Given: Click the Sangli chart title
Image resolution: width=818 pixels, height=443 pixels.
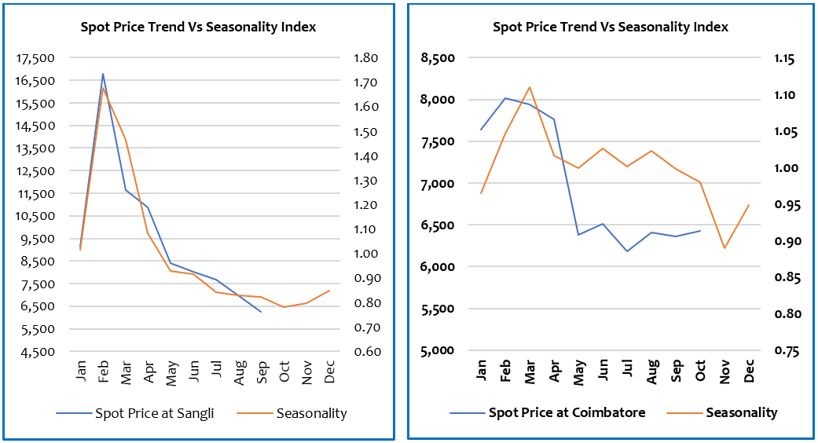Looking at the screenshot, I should [198, 27].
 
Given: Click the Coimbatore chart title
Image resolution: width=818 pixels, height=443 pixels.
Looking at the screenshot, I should [610, 27].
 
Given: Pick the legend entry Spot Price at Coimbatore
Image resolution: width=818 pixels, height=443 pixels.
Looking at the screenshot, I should [567, 412].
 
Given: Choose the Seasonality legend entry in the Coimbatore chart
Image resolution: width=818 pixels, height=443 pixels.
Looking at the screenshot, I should [741, 412].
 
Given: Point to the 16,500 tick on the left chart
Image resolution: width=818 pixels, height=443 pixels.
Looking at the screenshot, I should [37, 81].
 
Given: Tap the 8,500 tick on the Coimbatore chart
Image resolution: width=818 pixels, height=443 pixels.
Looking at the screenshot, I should [438, 58].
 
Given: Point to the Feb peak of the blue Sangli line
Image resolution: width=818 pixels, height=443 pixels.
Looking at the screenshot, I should [103, 74].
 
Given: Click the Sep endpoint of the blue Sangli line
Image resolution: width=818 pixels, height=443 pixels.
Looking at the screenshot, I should [261, 312].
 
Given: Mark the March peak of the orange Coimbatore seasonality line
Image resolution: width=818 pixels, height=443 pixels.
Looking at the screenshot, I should [530, 87].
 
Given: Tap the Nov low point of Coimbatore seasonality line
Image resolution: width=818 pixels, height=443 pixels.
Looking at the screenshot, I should [724, 248].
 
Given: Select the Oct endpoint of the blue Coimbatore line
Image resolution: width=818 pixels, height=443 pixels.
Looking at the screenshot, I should [700, 231].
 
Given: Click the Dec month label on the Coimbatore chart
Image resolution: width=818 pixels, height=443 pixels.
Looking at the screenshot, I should [749, 372].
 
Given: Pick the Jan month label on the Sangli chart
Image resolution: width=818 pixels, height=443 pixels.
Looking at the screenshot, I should [81, 373].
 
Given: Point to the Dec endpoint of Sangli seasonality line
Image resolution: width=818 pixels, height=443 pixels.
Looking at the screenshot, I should [329, 291].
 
